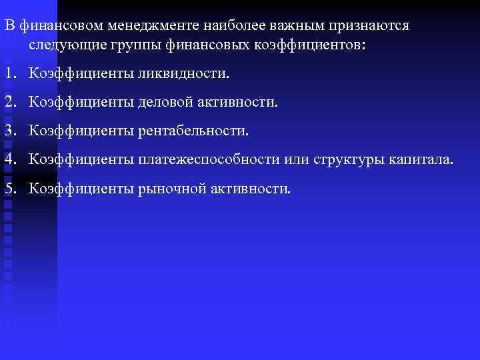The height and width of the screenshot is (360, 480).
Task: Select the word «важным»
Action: (x=283, y=25)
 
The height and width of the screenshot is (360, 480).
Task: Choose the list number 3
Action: (x=9, y=131)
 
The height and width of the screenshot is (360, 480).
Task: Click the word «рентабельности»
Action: (x=193, y=131)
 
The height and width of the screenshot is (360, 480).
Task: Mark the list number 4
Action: (x=9, y=160)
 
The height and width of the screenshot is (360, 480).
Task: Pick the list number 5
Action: (x=9, y=189)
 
